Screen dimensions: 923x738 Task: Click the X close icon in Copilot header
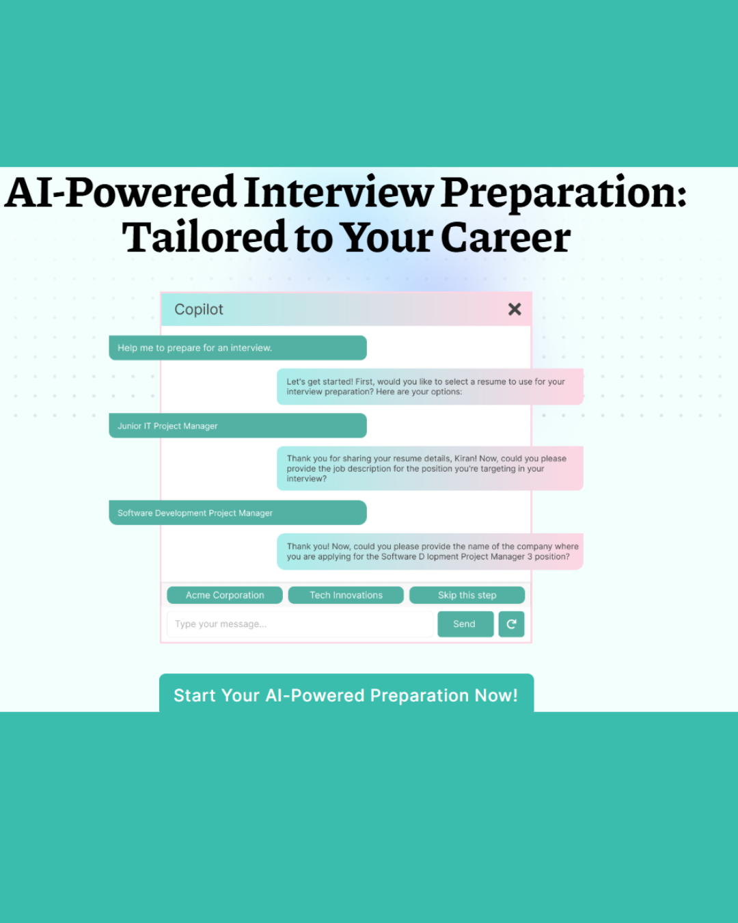[x=515, y=310]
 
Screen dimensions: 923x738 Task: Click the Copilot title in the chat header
[x=199, y=310]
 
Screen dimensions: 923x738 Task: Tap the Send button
[x=465, y=624]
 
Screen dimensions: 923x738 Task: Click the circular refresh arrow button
[x=511, y=624]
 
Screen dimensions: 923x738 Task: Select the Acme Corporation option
[x=225, y=596]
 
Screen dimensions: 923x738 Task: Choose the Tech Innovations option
[x=346, y=596]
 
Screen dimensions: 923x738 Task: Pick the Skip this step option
[x=467, y=596]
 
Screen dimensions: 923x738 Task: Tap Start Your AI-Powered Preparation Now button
[x=346, y=695]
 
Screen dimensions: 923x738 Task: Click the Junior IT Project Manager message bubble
[x=237, y=426]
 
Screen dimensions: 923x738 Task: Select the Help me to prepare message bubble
[x=237, y=348]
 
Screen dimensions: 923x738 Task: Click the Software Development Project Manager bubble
[x=237, y=513]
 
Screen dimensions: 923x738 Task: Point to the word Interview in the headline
[x=339, y=193]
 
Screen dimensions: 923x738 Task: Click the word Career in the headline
[x=505, y=238]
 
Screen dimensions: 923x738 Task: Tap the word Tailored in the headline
[x=205, y=238]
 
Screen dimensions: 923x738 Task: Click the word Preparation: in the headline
[x=564, y=193]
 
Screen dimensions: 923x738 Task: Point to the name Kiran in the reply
[x=465, y=459]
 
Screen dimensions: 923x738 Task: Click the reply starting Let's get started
[x=429, y=387]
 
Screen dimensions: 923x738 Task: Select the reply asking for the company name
[x=429, y=552]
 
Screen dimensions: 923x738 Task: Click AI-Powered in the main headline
[x=121, y=193]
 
